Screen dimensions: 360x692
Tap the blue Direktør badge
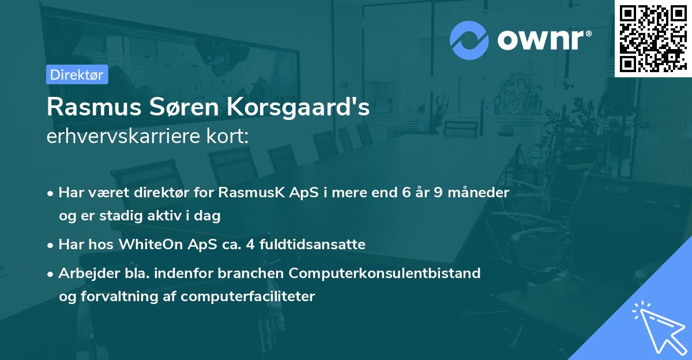(x=77, y=74)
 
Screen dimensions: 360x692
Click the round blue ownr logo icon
(x=469, y=40)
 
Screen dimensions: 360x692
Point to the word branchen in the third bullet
(x=243, y=273)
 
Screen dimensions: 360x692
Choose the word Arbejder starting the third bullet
(x=85, y=273)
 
